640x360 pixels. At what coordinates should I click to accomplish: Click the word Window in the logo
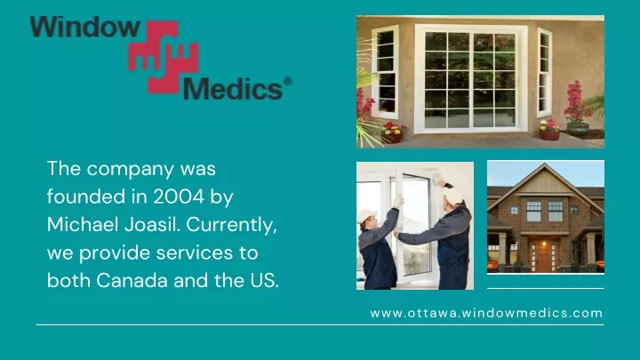coord(85,27)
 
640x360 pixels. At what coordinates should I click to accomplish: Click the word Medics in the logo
coord(233,89)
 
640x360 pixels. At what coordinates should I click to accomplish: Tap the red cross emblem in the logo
coord(164,57)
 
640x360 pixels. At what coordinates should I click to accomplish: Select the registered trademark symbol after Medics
coord(288,81)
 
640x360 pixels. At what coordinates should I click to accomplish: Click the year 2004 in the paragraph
coord(179,196)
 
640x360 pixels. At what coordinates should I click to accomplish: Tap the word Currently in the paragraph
coord(231,225)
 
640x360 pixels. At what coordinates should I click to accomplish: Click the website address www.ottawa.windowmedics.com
coord(486,313)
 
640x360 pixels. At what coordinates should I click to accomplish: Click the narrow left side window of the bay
coord(385,72)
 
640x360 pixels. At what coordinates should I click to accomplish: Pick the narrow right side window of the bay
coord(545,73)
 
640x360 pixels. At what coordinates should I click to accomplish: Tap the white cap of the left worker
coord(367,216)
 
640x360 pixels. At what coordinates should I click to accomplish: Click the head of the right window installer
coord(452,196)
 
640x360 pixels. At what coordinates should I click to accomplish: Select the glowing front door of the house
coord(543,256)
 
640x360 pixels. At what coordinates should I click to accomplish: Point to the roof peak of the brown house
coord(545,164)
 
